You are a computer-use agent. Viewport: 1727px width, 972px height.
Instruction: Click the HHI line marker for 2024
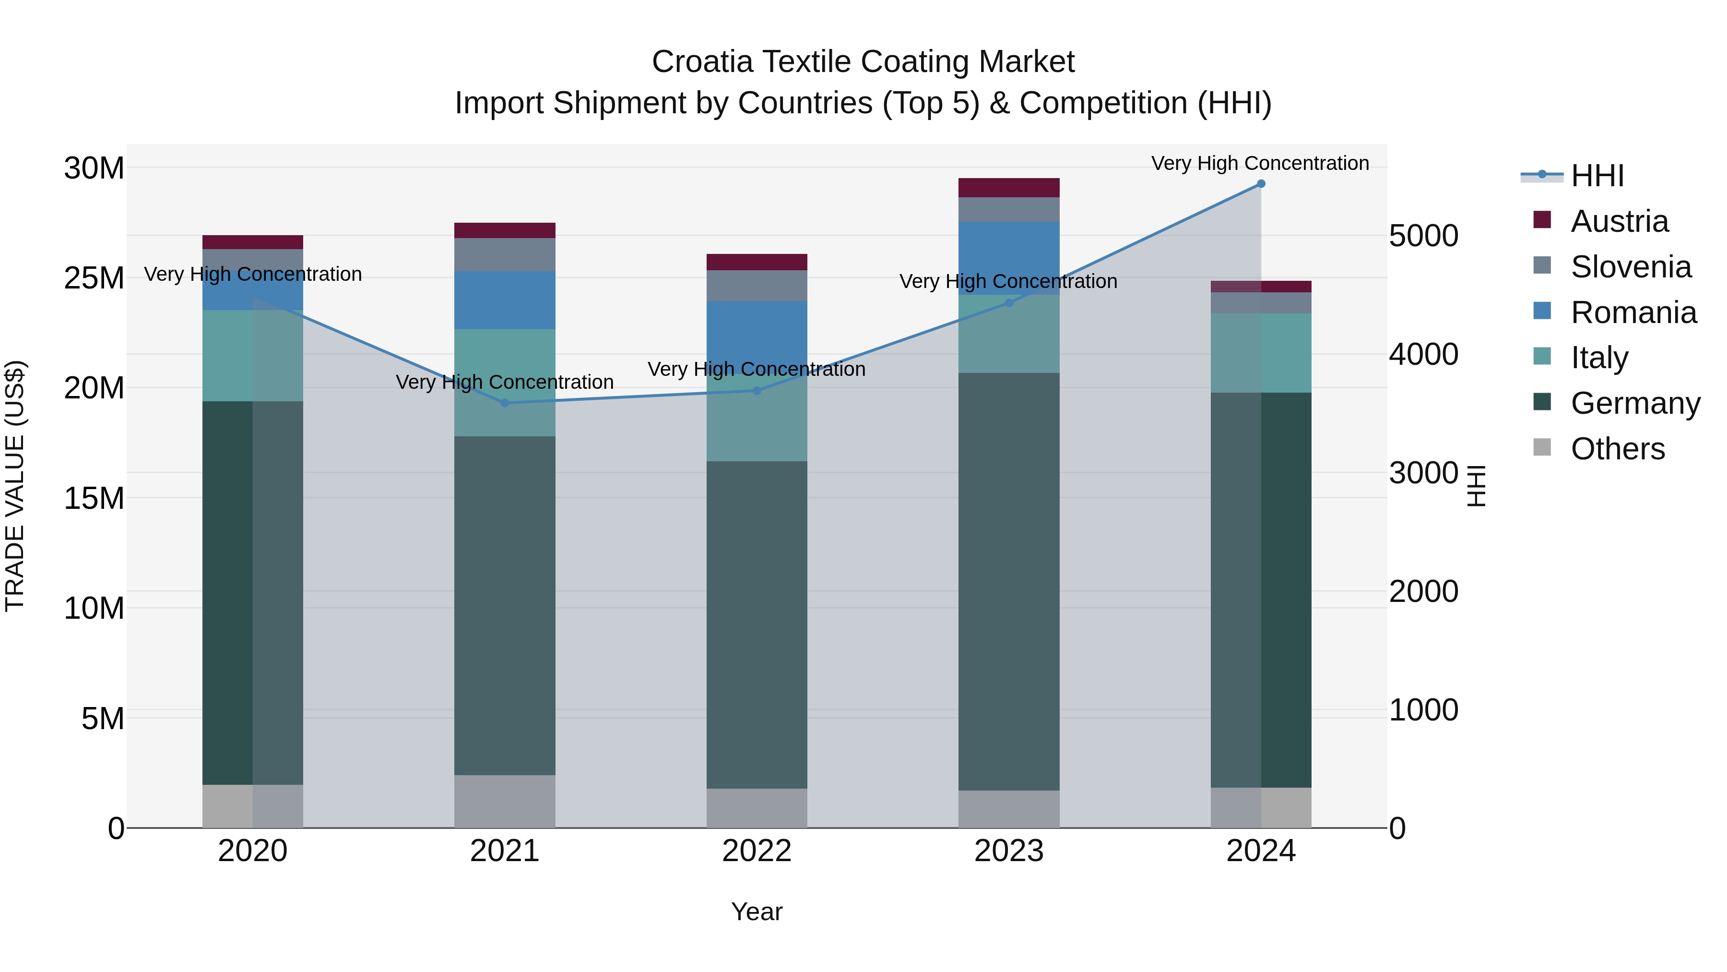click(1260, 184)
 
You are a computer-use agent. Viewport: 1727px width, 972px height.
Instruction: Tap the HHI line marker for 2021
click(505, 403)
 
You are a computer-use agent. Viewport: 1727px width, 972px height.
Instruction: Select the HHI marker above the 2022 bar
click(757, 390)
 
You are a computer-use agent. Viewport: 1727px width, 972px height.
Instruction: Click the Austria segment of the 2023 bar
click(1008, 188)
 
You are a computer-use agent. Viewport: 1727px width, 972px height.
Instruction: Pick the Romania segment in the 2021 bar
click(505, 300)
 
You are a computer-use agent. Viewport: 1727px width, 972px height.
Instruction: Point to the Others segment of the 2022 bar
click(757, 808)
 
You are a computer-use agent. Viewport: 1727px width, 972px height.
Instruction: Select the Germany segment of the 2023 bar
click(1008, 581)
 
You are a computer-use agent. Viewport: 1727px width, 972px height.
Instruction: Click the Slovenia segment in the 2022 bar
click(757, 286)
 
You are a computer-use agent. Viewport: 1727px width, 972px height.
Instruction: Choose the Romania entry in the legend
click(1632, 312)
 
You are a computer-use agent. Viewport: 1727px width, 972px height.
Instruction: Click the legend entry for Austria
click(1619, 221)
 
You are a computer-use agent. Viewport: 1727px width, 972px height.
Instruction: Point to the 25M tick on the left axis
click(94, 278)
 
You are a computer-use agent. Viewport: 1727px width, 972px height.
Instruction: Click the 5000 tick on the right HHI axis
click(1423, 236)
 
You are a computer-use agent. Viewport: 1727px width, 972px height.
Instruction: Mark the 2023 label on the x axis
click(1008, 851)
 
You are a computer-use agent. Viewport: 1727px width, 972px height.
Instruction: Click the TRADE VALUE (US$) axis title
click(15, 486)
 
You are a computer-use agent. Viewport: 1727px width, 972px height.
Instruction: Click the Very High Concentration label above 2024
click(1260, 163)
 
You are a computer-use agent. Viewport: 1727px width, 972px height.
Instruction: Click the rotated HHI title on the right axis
click(1476, 486)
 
